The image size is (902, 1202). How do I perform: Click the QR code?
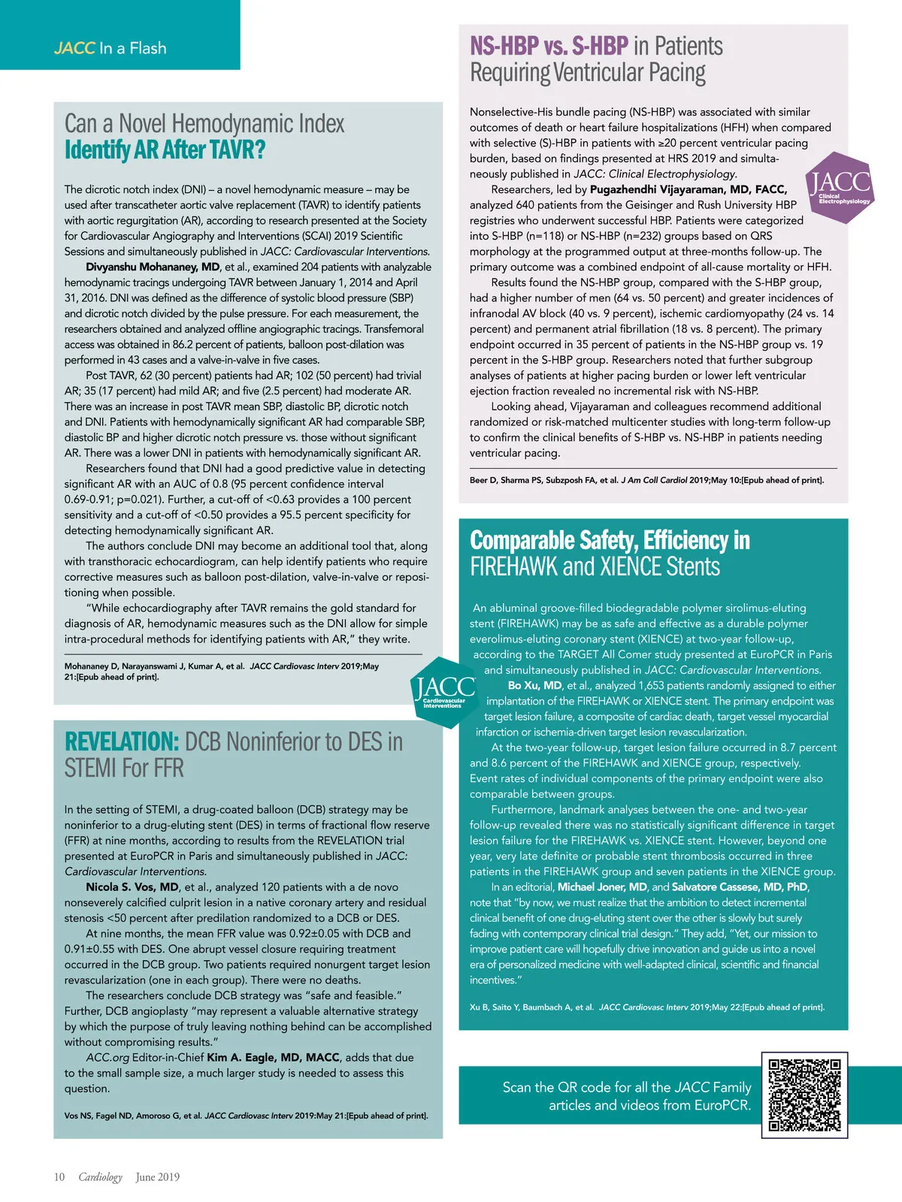804,1095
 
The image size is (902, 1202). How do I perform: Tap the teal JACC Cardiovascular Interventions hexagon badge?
444,692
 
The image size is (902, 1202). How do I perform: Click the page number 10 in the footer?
59,1177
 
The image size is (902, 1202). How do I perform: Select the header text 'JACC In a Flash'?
110,48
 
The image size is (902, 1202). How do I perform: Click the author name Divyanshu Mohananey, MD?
153,267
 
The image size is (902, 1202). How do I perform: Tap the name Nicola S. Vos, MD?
132,887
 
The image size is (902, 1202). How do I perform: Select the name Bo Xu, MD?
534,685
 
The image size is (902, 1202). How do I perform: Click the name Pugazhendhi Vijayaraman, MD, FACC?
689,189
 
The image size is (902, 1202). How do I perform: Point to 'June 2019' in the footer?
158,1177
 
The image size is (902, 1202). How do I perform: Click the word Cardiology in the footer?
100,1177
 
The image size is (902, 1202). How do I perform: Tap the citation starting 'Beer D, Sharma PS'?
646,480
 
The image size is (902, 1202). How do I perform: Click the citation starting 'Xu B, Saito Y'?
646,1007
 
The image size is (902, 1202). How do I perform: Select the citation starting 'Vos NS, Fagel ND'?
246,1116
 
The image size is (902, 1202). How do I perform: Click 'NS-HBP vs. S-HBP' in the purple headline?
549,47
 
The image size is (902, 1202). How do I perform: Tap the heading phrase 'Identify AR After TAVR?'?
165,150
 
